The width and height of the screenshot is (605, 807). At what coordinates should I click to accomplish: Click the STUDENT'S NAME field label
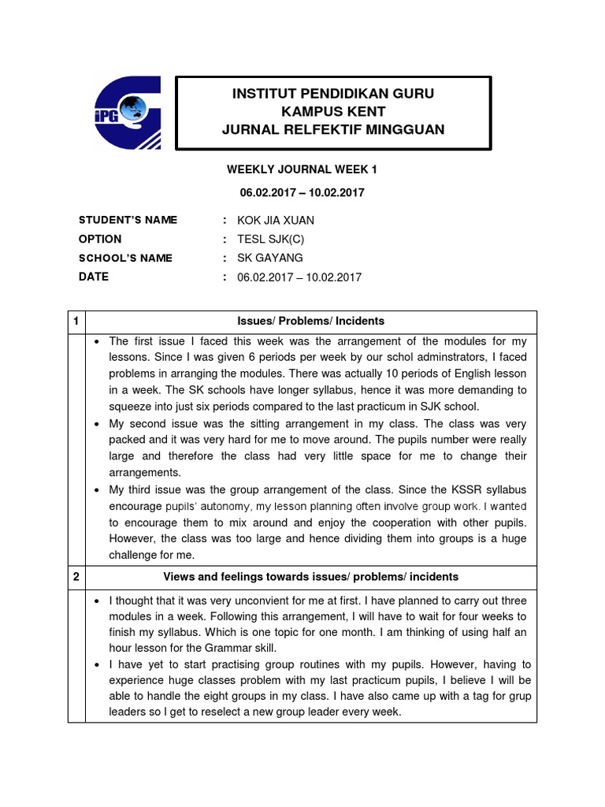pyautogui.click(x=128, y=220)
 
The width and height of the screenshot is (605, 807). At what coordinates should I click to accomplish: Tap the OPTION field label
pyautogui.click(x=100, y=239)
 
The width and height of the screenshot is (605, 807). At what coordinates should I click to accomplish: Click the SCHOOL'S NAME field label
pyautogui.click(x=125, y=258)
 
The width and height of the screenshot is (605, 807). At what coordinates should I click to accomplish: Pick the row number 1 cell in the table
pyautogui.click(x=76, y=321)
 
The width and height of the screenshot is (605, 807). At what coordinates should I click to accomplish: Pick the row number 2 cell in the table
pyautogui.click(x=76, y=577)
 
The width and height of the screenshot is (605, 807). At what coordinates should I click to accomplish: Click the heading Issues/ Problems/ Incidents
pyautogui.click(x=310, y=321)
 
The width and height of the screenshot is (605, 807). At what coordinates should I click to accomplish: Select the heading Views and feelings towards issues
pyautogui.click(x=310, y=577)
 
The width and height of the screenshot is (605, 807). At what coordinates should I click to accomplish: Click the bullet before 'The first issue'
pyautogui.click(x=95, y=341)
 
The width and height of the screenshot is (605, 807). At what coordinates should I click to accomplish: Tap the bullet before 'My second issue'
pyautogui.click(x=95, y=423)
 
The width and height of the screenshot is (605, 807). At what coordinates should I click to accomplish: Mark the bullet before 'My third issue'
pyautogui.click(x=95, y=489)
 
